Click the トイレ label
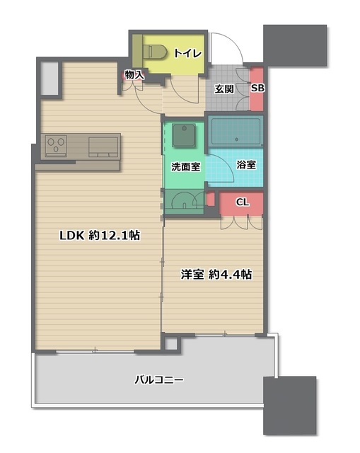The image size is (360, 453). coord(188,54)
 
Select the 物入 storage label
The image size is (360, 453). coord(134,74)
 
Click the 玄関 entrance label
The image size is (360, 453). coord(225,88)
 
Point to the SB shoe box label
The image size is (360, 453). coord(257,88)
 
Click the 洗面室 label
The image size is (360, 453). coord(185,167)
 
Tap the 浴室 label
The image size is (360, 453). coord(246,164)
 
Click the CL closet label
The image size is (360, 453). coord(242,202)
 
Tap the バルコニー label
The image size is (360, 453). coord(159,380)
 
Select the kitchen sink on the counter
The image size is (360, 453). coord(103,146)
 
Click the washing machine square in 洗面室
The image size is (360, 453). coord(185,134)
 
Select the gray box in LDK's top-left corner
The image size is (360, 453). coord(50,79)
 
